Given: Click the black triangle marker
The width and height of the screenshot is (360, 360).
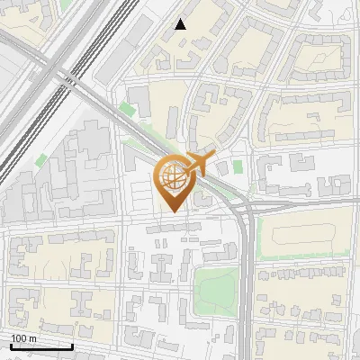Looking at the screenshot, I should (x=181, y=24).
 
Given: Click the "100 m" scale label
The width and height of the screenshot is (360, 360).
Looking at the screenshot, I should (x=23, y=338).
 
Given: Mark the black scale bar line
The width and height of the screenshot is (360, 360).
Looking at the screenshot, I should (x=41, y=346).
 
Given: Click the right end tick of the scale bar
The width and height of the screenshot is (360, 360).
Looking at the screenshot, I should (x=72, y=345).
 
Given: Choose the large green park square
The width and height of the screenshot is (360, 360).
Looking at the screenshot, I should (x=216, y=287).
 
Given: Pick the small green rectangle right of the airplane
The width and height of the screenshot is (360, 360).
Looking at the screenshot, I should (x=238, y=166).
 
